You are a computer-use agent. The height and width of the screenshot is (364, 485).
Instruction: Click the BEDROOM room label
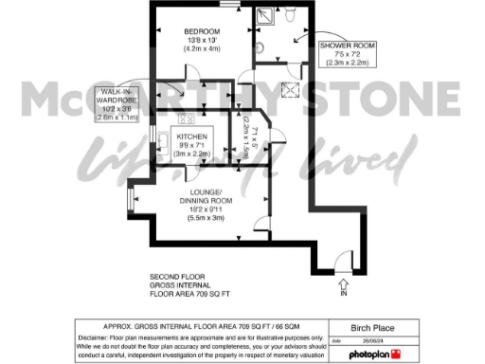point(202,31)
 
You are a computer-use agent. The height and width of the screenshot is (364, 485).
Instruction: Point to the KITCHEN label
point(193,136)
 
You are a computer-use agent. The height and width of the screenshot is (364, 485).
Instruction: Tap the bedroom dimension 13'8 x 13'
point(202,41)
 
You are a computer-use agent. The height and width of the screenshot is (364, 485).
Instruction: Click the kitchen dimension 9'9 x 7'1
point(193,145)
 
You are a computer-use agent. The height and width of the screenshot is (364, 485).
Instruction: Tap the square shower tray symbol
point(262,19)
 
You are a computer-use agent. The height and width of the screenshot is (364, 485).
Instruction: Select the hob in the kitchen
point(183,119)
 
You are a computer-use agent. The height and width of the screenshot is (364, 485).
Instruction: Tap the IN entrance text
point(342,294)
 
